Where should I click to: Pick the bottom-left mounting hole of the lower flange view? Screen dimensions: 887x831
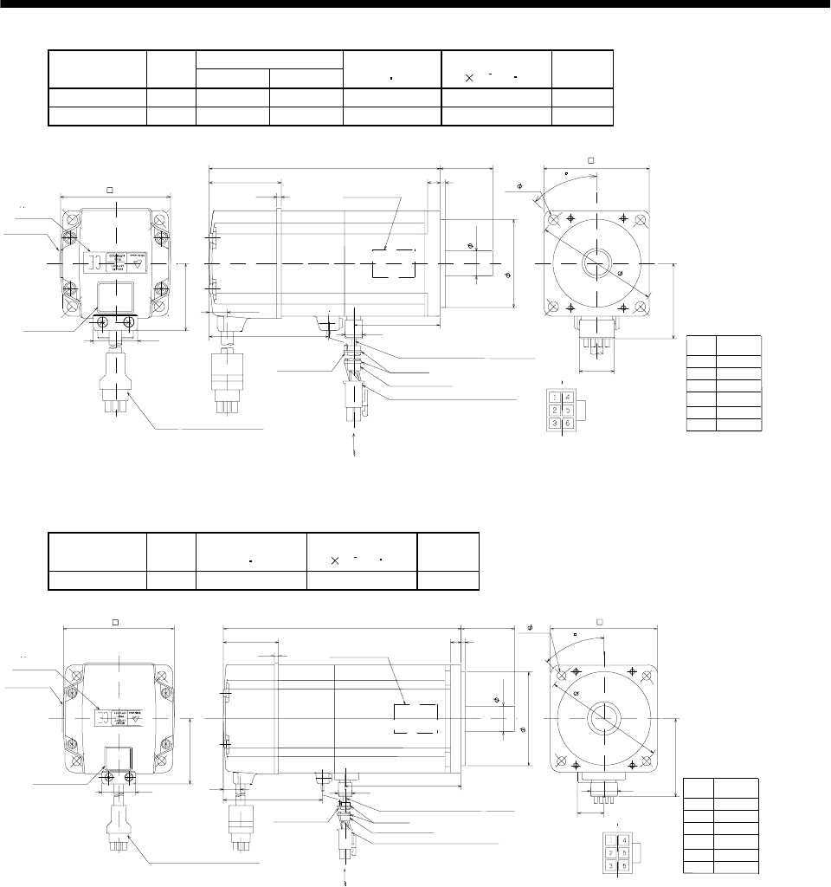click(x=558, y=761)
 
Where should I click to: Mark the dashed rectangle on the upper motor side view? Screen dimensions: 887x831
click(x=393, y=263)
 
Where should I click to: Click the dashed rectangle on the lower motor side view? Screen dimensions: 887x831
click(x=415, y=719)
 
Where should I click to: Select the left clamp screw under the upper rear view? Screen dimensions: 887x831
click(x=103, y=322)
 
